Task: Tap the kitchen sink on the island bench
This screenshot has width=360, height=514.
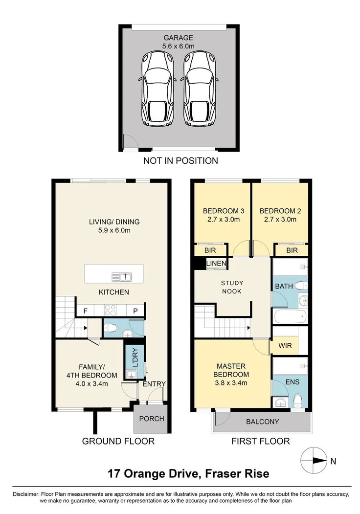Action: (x=122, y=277)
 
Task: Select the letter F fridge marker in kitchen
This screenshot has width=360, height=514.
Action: (x=86, y=311)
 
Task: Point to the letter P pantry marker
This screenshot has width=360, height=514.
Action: (x=135, y=311)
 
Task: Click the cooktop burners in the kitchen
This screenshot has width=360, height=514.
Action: (x=110, y=310)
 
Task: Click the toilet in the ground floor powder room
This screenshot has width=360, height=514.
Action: (x=111, y=328)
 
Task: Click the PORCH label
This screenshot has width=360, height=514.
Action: (x=152, y=419)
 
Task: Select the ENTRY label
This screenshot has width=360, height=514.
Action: (x=154, y=384)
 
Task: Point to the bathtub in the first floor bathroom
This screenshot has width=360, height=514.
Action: (x=290, y=317)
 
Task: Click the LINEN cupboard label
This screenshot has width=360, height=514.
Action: (x=216, y=263)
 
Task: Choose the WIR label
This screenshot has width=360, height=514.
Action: (x=285, y=345)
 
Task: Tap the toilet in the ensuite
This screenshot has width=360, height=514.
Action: (x=298, y=401)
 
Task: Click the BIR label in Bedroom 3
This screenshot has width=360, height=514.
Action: (x=210, y=250)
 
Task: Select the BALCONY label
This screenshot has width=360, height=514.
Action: (x=263, y=422)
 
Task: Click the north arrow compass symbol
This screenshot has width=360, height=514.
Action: (x=314, y=460)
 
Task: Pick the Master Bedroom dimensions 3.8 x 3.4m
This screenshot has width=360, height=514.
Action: (x=231, y=382)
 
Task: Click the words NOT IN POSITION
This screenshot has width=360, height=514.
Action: (x=180, y=160)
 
